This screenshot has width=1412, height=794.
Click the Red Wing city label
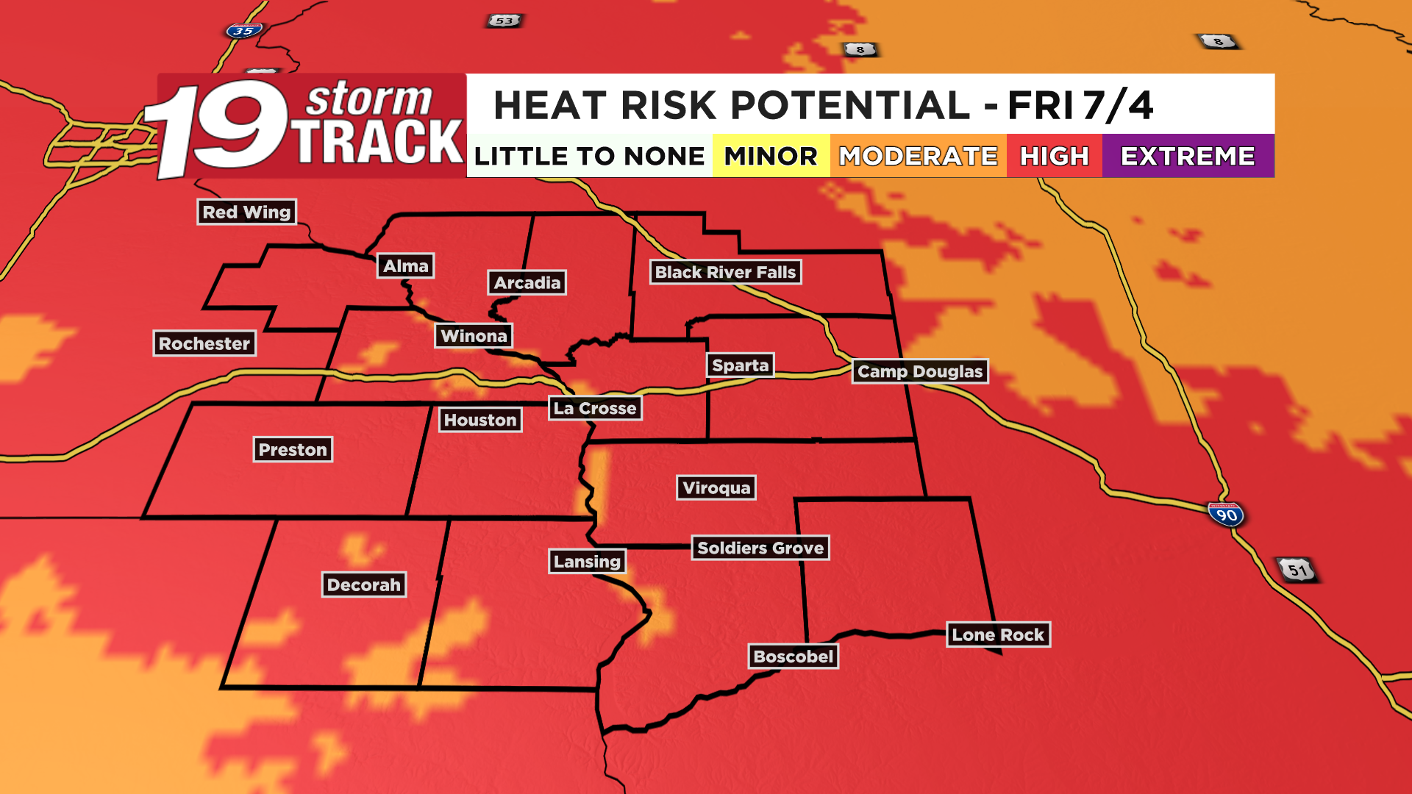pyautogui.click(x=246, y=212)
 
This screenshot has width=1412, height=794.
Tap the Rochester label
pyautogui.click(x=204, y=343)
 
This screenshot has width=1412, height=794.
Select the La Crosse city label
pyautogui.click(x=595, y=408)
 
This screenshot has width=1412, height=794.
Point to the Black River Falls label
pyautogui.click(x=725, y=272)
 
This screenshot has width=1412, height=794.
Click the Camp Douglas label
pyautogui.click(x=920, y=371)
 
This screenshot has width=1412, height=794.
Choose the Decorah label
pyautogui.click(x=364, y=584)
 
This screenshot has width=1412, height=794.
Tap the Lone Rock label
pyautogui.click(x=998, y=634)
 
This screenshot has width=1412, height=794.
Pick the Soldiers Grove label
pyautogui.click(x=760, y=548)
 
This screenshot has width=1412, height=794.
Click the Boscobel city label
pyautogui.click(x=794, y=657)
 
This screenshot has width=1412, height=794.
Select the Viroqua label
pyautogui.click(x=716, y=487)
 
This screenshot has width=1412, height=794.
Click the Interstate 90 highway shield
pyautogui.click(x=1226, y=514)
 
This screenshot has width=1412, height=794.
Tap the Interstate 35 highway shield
pyautogui.click(x=243, y=31)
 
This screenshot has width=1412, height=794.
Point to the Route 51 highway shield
pyautogui.click(x=1297, y=570)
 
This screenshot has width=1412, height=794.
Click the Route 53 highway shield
pyautogui.click(x=504, y=21)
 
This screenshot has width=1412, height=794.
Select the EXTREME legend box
pyautogui.click(x=1188, y=156)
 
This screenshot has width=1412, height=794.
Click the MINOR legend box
pyautogui.click(x=771, y=156)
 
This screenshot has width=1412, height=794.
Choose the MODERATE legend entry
pyautogui.click(x=918, y=156)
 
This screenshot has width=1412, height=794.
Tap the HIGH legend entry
pyautogui.click(x=1054, y=156)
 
